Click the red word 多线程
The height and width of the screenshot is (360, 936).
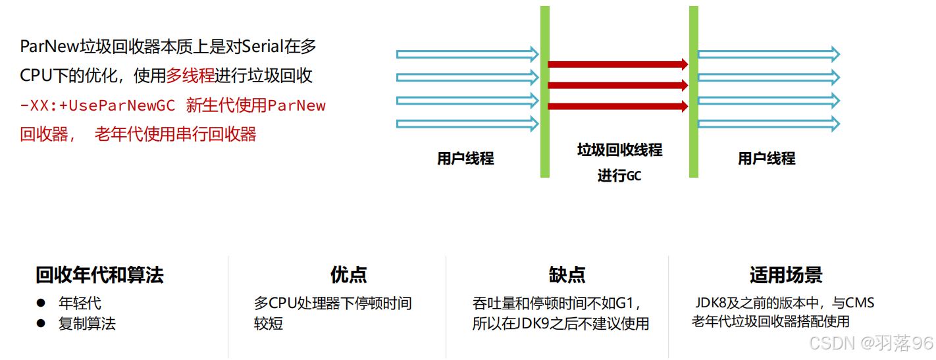click(x=190, y=76)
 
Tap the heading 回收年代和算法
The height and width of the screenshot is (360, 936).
click(x=99, y=275)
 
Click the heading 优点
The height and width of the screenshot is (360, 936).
click(x=348, y=275)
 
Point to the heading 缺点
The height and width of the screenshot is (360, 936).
click(x=567, y=275)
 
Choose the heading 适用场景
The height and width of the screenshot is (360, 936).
click(x=785, y=275)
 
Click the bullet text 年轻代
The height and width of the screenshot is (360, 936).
click(x=80, y=303)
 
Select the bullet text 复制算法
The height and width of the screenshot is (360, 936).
click(x=87, y=323)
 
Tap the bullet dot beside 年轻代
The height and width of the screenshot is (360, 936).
click(x=41, y=303)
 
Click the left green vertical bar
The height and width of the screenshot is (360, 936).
click(x=545, y=91)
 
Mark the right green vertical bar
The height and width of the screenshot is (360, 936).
click(x=694, y=91)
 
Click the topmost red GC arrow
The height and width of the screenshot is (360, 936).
click(x=617, y=64)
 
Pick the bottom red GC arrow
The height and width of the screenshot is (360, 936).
click(x=617, y=106)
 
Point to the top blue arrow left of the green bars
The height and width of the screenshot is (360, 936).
click(x=467, y=54)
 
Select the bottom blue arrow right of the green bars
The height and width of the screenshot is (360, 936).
click(x=769, y=123)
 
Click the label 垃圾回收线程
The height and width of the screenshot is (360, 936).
click(x=619, y=150)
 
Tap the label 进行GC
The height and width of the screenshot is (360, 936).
click(x=619, y=176)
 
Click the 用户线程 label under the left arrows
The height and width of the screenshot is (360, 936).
click(x=465, y=159)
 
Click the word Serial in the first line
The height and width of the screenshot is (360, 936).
click(x=263, y=47)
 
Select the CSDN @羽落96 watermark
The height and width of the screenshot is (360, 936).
click(x=871, y=343)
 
